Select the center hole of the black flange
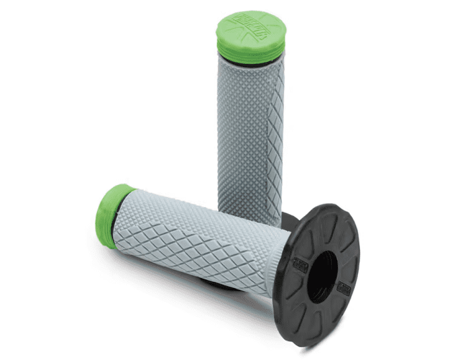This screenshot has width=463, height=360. (x=322, y=276)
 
